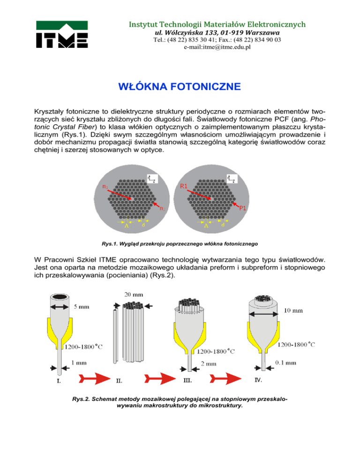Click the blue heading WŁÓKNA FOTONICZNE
pos(180,87)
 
